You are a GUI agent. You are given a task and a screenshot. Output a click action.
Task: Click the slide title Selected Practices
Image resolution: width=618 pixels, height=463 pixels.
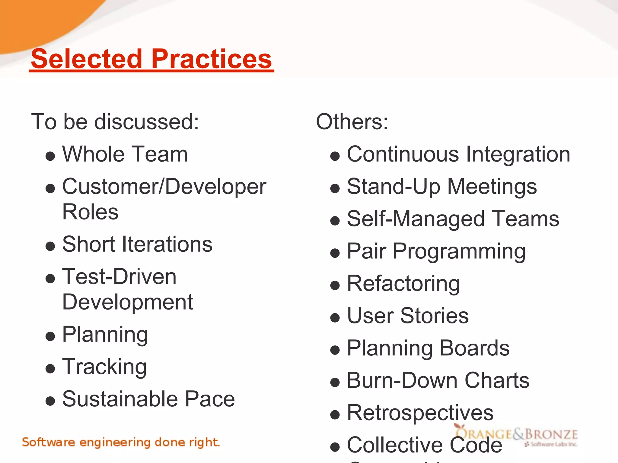coord(151,59)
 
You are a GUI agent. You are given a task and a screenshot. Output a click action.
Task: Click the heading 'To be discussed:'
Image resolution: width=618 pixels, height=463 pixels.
coord(115,122)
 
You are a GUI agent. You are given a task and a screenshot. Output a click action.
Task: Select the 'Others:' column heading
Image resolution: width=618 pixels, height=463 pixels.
coord(352,122)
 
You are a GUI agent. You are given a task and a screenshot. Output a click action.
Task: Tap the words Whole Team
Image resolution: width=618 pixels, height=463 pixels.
coord(125,154)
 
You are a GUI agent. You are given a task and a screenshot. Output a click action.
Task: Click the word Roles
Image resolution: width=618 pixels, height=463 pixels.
coord(90,212)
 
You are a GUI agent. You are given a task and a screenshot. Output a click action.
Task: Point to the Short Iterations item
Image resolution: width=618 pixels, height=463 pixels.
coord(137,244)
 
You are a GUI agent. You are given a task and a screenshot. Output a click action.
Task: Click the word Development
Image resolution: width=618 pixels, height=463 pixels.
coord(127,302)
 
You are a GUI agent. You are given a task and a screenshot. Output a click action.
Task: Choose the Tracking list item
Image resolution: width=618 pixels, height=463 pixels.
coord(104,367)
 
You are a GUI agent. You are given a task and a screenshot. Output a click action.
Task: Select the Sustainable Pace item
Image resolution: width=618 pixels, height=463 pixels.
coord(148,399)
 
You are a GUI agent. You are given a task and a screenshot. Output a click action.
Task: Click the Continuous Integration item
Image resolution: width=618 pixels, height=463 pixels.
coord(458,154)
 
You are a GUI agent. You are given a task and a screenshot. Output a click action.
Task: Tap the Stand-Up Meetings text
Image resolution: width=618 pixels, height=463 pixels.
coord(442,187)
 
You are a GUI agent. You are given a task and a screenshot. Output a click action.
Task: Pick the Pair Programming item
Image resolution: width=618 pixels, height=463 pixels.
coord(436,251)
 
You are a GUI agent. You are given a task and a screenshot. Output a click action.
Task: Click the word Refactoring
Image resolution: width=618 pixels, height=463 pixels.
coord(403,284)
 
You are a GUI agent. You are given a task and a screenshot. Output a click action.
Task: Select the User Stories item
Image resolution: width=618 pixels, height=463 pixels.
coord(408,316)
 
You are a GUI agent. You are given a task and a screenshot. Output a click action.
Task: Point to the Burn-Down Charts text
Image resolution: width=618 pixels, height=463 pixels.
coord(438,380)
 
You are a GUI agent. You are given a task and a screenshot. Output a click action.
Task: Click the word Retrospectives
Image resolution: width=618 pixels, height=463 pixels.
coord(420,413)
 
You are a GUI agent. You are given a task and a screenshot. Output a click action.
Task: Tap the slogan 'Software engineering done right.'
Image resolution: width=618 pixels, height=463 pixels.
coord(121,442)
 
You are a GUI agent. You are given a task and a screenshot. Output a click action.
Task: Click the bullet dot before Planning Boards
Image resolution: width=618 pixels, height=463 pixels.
coord(335,350)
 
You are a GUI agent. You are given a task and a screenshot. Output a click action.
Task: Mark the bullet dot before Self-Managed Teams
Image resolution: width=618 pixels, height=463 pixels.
coord(335,221)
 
